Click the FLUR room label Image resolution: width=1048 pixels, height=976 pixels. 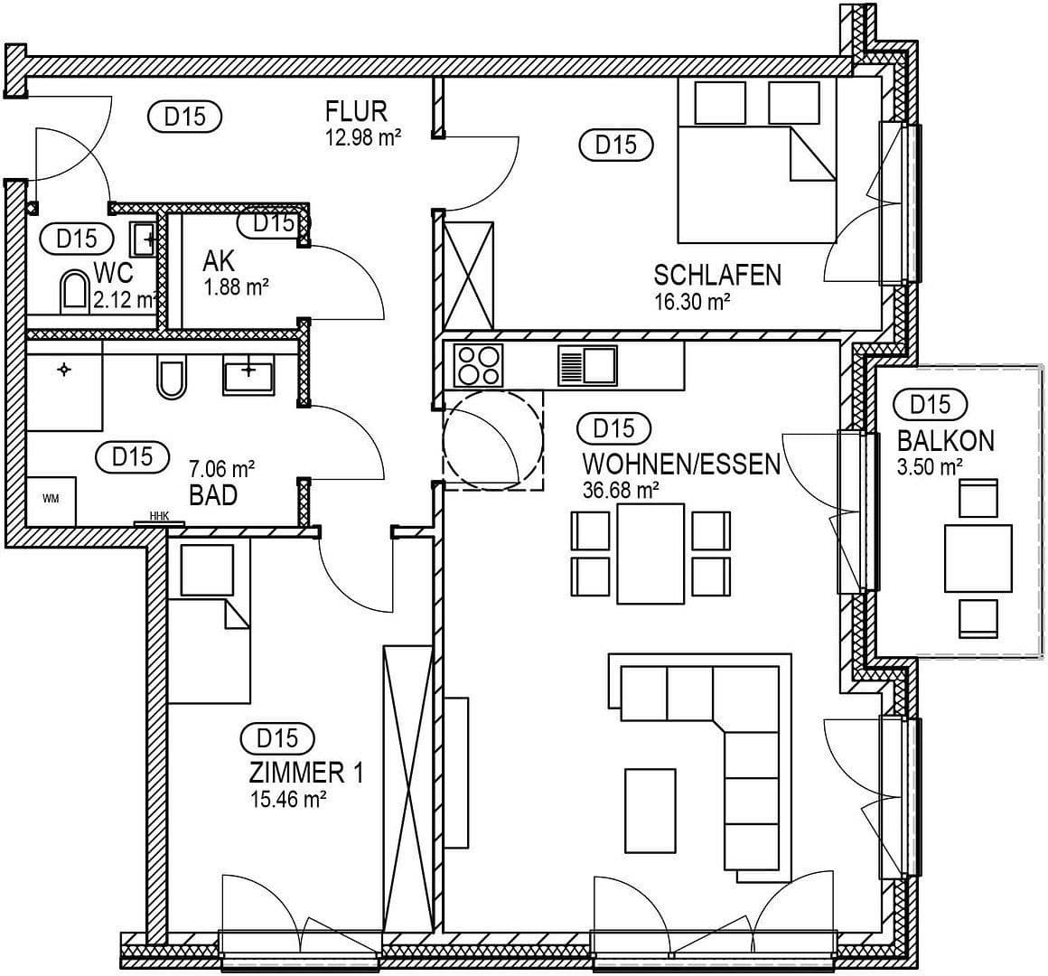(356, 111)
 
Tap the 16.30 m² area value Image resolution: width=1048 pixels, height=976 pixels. (691, 302)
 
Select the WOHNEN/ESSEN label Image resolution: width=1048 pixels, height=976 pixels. (681, 465)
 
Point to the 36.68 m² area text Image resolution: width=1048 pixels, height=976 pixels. (621, 490)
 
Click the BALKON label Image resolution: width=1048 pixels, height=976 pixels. (945, 441)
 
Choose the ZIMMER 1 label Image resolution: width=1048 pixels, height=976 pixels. (305, 773)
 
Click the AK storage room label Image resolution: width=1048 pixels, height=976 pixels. (219, 261)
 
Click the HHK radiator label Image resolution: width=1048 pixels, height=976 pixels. (159, 516)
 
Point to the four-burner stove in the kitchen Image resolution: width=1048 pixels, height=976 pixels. (477, 365)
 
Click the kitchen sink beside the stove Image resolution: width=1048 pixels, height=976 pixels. (588, 365)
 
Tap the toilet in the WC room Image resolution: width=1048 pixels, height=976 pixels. (72, 293)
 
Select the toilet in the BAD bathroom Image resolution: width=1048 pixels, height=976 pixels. (171, 379)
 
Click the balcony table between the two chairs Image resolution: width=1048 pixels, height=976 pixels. (978, 558)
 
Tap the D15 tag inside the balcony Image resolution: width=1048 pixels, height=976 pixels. (931, 404)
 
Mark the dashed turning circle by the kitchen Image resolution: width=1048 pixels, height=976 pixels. (493, 439)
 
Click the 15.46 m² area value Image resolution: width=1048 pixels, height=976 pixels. (287, 799)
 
